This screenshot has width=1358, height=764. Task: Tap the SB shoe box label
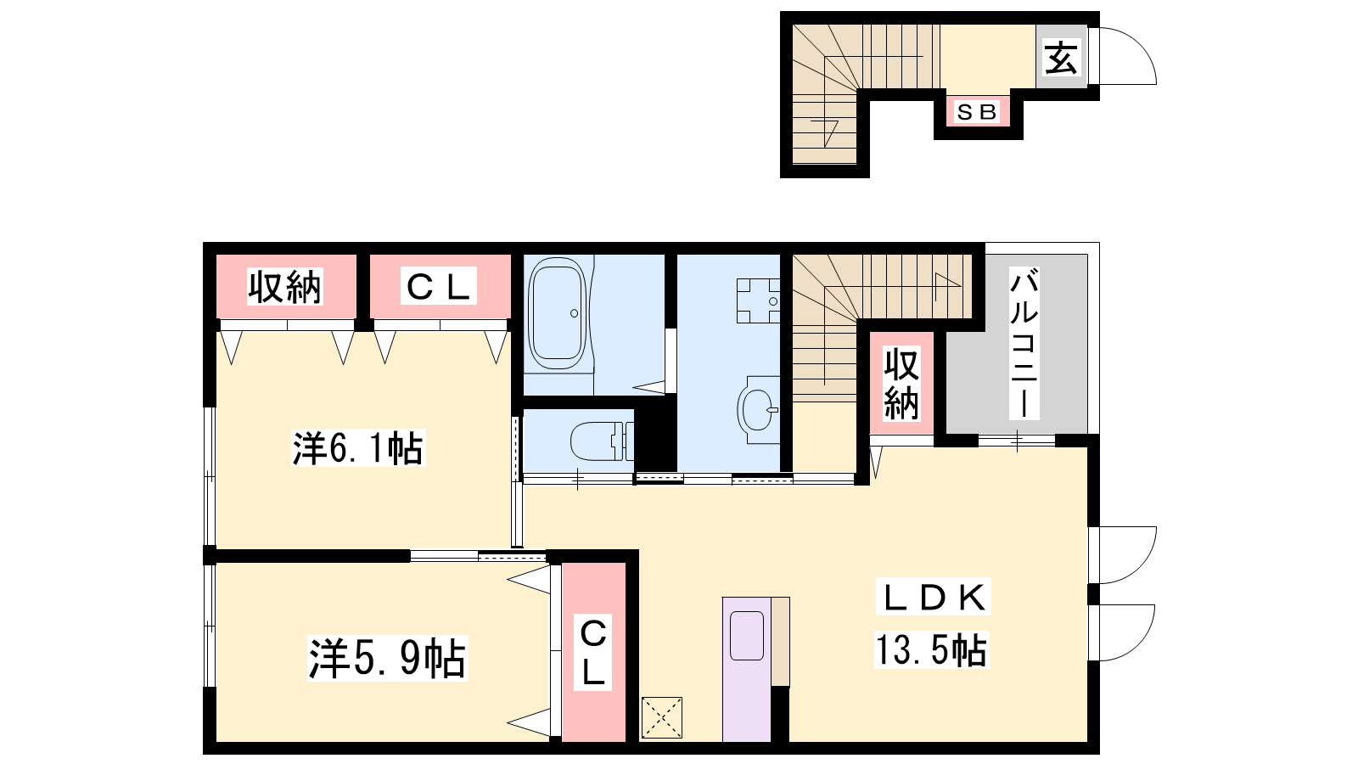[x=977, y=111]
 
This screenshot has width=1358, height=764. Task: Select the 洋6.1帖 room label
[x=357, y=448]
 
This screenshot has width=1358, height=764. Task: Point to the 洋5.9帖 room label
[x=387, y=658]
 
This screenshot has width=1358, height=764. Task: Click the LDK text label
[x=934, y=598]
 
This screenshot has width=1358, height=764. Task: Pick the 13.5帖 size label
[x=931, y=649]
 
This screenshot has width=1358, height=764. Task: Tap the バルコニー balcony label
[x=1024, y=344]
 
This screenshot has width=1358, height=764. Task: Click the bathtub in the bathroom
[x=557, y=313]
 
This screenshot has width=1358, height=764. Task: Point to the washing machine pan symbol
[x=758, y=301]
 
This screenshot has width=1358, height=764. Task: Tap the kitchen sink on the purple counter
[x=747, y=636]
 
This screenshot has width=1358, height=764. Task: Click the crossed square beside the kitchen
[x=662, y=718]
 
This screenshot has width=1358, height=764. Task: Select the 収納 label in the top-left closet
[x=285, y=287]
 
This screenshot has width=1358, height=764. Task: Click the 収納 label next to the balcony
[x=901, y=384]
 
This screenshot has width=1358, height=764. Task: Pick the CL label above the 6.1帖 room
[x=438, y=287]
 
